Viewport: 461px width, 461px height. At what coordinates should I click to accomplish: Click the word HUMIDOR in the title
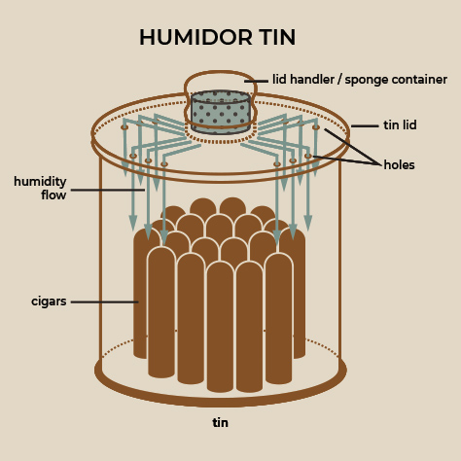pyautogui.click(x=195, y=37)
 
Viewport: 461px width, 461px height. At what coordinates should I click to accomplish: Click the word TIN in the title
pyautogui.click(x=277, y=37)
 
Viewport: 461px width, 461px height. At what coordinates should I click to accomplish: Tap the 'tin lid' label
pyautogui.click(x=400, y=125)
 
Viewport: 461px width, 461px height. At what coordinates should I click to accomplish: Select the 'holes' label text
pyautogui.click(x=399, y=164)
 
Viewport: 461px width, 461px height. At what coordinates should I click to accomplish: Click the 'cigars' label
pyautogui.click(x=49, y=301)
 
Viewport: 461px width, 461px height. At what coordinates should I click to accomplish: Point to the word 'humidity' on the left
pyautogui.click(x=40, y=182)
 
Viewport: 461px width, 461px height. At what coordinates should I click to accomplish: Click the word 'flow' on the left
pyautogui.click(x=53, y=195)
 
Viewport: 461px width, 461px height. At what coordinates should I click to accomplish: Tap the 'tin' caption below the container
pyautogui.click(x=220, y=422)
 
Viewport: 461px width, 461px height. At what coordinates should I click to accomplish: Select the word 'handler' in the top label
pyautogui.click(x=311, y=79)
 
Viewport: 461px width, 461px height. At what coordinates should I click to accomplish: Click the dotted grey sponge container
pyautogui.click(x=221, y=112)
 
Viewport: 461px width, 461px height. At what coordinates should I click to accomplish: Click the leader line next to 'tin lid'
pyautogui.click(x=365, y=125)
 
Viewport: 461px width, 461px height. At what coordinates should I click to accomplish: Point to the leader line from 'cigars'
pyautogui.click(x=105, y=301)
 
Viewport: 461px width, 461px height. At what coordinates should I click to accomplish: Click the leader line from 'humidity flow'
pyautogui.click(x=108, y=190)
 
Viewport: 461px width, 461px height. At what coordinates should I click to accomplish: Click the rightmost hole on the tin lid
pyautogui.click(x=316, y=127)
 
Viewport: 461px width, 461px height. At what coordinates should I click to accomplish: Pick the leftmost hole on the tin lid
pyautogui.click(x=124, y=127)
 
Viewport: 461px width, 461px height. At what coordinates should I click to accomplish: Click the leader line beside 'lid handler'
pyautogui.click(x=256, y=81)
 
